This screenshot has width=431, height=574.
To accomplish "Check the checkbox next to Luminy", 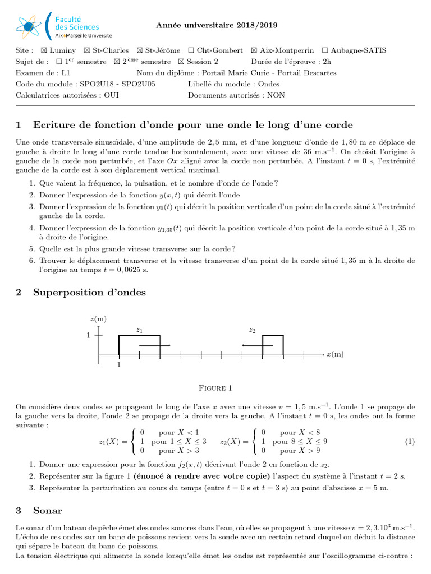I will click(x=45, y=50).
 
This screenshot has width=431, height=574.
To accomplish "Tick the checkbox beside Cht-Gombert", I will click(x=191, y=50).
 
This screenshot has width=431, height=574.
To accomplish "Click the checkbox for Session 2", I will click(x=181, y=62).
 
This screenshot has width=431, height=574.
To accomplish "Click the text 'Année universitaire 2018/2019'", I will click(x=216, y=25).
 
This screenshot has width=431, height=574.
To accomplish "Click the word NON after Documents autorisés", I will click(x=276, y=95).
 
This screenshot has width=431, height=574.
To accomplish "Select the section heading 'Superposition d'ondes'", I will click(x=89, y=292).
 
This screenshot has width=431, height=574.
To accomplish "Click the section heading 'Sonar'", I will click(x=48, y=511).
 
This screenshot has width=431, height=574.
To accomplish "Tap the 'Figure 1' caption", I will click(x=215, y=388).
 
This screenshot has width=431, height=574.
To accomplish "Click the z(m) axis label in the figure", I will click(x=98, y=319).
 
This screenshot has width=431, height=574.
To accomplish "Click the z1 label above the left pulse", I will click(x=139, y=330).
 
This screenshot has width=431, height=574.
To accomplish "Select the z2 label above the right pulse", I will click(x=252, y=330).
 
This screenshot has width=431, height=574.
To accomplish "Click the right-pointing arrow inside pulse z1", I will click(x=155, y=345).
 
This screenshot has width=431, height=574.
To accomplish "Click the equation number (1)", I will click(x=409, y=442).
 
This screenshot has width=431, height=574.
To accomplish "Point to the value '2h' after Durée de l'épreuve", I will click(x=327, y=62).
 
